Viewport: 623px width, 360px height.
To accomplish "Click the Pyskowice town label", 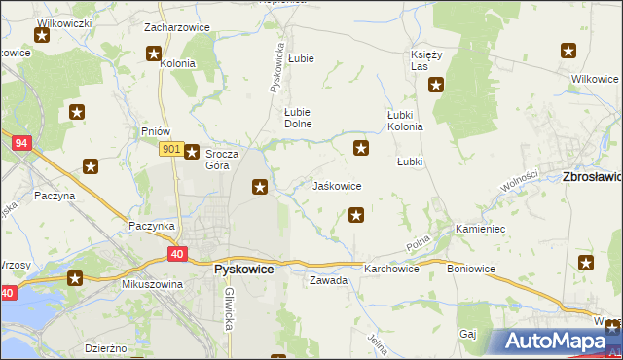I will click(243, 270).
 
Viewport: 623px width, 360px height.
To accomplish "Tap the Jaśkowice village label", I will click(337, 186).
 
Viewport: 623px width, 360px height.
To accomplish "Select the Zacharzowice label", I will click(177, 27).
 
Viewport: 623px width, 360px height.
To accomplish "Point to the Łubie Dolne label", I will click(297, 117).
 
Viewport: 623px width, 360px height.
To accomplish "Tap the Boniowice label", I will click(471, 268).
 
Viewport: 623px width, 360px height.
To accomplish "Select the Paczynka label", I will click(151, 225).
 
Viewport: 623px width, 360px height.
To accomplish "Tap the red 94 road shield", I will click(20, 142).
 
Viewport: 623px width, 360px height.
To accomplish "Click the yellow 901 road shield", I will click(169, 148).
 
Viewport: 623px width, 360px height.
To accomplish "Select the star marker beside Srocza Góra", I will click(193, 152).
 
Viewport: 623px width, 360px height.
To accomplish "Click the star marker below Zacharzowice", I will click(154, 54).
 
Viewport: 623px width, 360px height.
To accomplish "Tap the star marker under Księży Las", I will click(436, 86).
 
